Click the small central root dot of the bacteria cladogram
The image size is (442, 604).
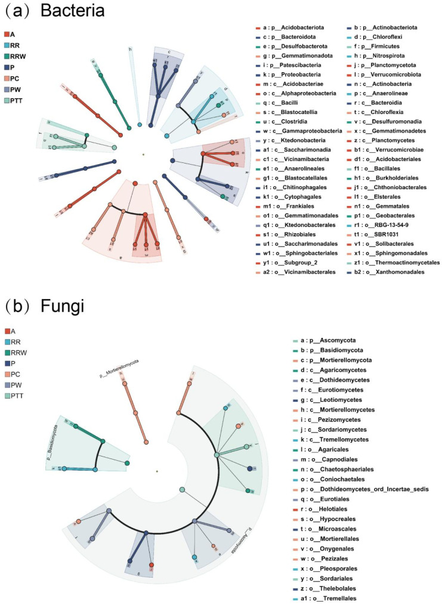(x=143, y=155)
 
